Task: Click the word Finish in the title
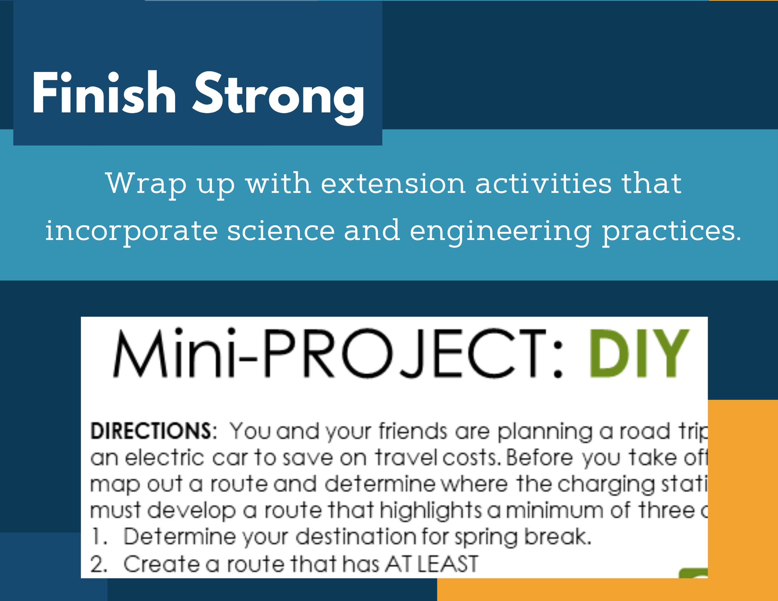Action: [104, 93]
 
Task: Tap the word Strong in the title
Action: [279, 98]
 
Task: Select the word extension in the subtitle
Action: [393, 183]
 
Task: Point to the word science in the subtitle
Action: [281, 231]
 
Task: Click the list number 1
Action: [99, 537]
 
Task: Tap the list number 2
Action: [99, 564]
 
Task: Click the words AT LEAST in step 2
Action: [431, 564]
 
